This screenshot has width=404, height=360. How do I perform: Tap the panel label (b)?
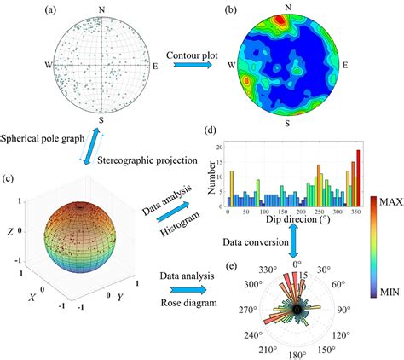coord(230,9)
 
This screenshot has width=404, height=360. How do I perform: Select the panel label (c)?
coord(9,178)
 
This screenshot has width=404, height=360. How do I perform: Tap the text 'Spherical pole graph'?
coord(42,138)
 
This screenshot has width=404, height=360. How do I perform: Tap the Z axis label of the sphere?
coord(9,231)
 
